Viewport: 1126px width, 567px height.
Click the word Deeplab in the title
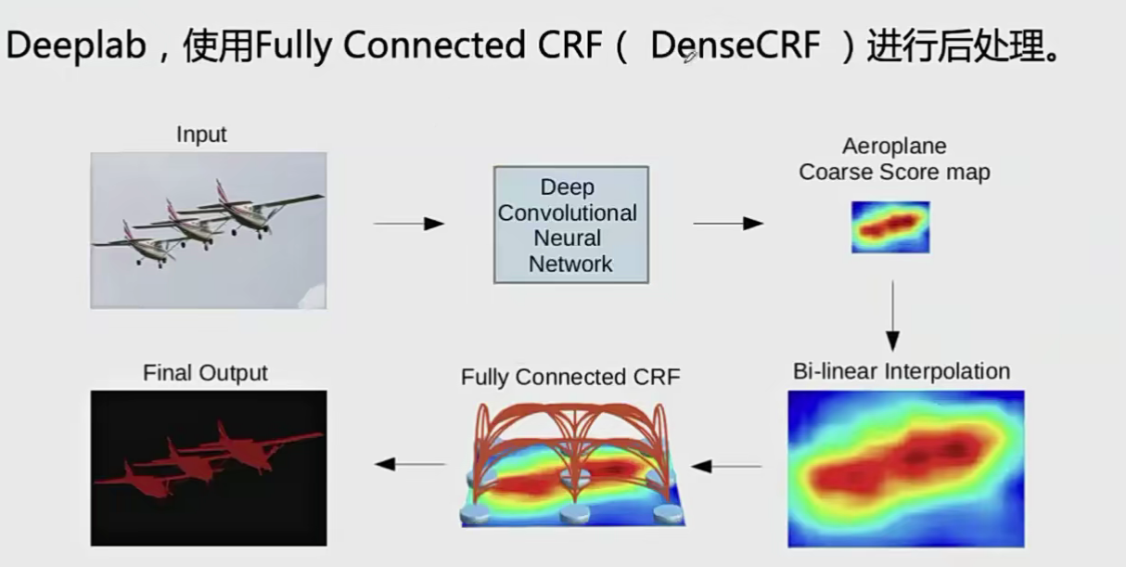[x=76, y=45]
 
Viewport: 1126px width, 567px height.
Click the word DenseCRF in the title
[x=736, y=45]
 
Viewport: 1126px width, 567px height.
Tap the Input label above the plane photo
[x=201, y=135]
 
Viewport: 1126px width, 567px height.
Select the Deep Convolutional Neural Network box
[x=571, y=225]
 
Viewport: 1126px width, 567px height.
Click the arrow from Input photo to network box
[x=409, y=224]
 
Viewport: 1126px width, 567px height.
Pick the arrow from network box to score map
[x=728, y=224]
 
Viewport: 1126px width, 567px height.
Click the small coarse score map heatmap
[x=890, y=227]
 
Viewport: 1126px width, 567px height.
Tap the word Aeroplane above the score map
[x=894, y=147]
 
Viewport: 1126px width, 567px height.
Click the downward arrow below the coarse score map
[x=893, y=316]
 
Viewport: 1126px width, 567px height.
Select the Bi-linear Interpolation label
[x=902, y=371]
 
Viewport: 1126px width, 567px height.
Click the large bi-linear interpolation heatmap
[x=906, y=469]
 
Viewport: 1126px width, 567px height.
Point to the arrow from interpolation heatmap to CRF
[x=726, y=467]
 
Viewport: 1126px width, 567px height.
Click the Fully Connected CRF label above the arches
[x=570, y=377]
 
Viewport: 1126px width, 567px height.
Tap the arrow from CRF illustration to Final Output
[x=410, y=464]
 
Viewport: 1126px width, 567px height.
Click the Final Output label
[x=205, y=373]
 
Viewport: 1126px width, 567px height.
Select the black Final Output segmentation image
[x=209, y=468]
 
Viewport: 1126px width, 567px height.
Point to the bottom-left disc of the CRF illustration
[x=475, y=514]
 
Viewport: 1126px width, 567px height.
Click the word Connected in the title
[x=435, y=45]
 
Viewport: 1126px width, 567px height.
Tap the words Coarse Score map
[x=894, y=172]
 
